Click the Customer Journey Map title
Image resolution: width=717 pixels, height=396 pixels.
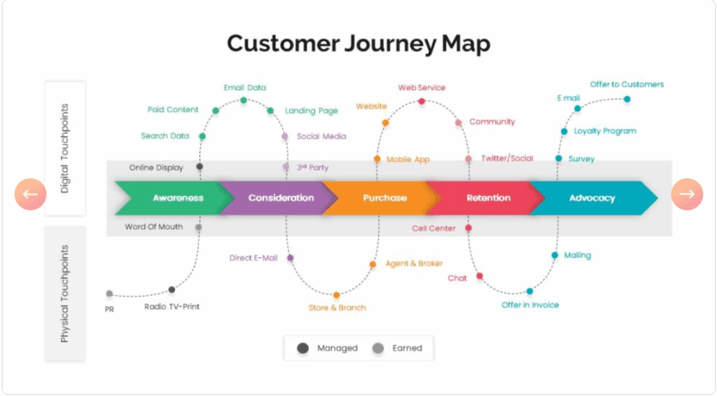pyautogui.click(x=358, y=43)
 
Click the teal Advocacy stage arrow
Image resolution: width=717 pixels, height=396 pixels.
pyautogui.click(x=592, y=198)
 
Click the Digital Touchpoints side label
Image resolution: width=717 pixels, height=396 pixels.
pyautogui.click(x=65, y=149)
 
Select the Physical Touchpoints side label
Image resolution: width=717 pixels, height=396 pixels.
pyautogui.click(x=65, y=293)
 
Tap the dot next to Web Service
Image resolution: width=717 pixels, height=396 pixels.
pyautogui.click(x=422, y=102)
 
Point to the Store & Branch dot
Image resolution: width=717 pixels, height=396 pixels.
pyautogui.click(x=337, y=295)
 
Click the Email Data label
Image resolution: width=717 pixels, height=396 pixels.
pyautogui.click(x=244, y=88)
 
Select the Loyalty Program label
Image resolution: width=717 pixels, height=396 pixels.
pyautogui.click(x=604, y=131)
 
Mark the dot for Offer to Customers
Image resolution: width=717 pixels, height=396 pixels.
pyautogui.click(x=627, y=99)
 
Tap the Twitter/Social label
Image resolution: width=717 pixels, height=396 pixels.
pyautogui.click(x=506, y=158)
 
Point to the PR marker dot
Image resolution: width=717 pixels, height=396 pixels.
pyautogui.click(x=109, y=294)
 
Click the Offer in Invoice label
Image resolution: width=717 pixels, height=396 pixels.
pyautogui.click(x=530, y=305)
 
